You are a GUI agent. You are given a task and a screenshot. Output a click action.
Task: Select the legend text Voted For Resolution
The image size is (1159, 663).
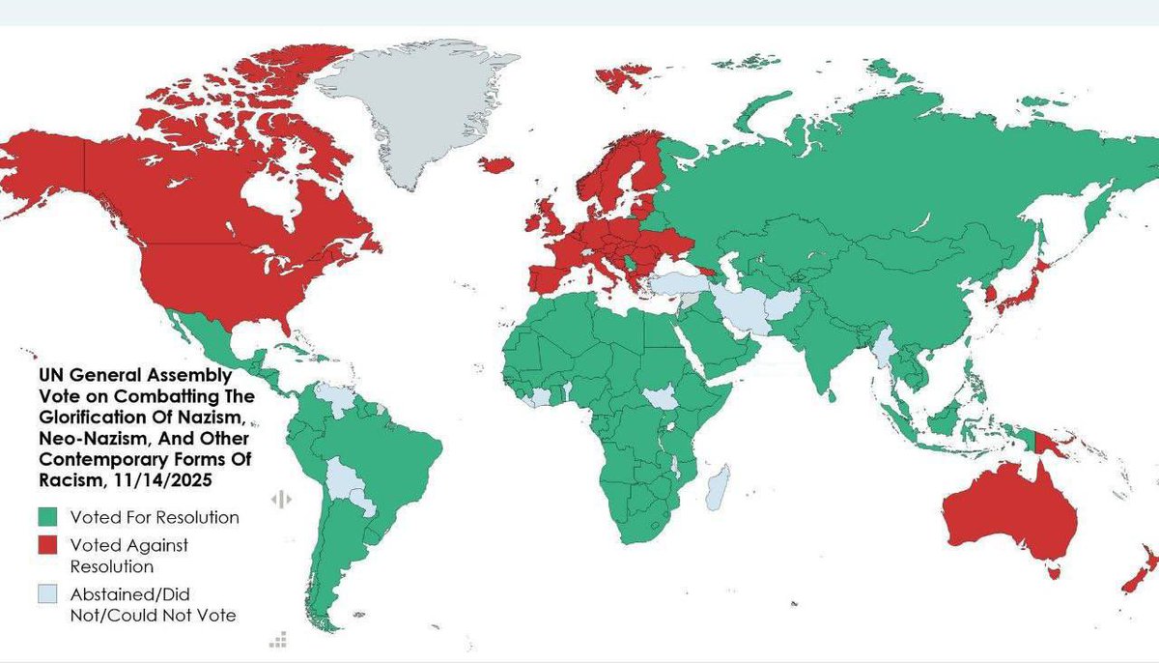161,517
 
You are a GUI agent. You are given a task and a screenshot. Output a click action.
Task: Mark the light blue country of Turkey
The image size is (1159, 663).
676,284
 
